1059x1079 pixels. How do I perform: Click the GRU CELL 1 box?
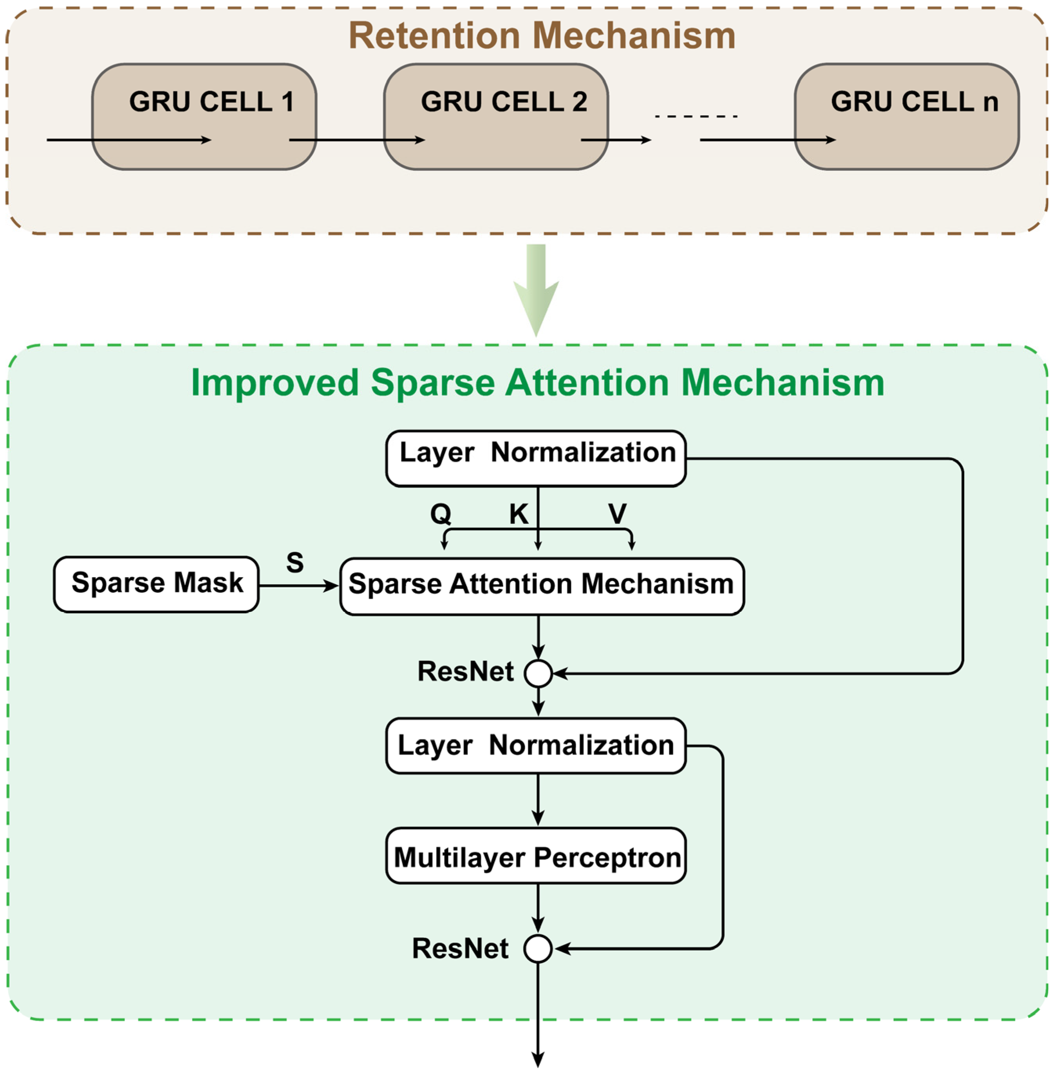tap(204, 117)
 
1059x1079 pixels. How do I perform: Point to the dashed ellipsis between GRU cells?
tap(696, 116)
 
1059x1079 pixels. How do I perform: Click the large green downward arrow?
tap(536, 290)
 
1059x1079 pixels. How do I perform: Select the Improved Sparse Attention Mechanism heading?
tap(537, 383)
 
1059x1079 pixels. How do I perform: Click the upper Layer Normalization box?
tap(536, 458)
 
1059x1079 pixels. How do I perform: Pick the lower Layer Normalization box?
tap(536, 745)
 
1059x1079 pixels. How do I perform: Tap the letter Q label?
tap(441, 513)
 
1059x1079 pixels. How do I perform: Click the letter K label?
tap(519, 513)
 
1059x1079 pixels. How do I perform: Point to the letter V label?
tap(617, 513)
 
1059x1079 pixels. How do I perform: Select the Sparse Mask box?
tap(156, 584)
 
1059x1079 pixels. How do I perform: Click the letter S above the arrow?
tap(295, 562)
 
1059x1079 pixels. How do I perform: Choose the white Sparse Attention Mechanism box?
tap(542, 586)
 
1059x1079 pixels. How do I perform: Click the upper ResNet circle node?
tap(538, 673)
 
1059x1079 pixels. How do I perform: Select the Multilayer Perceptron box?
tap(536, 855)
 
